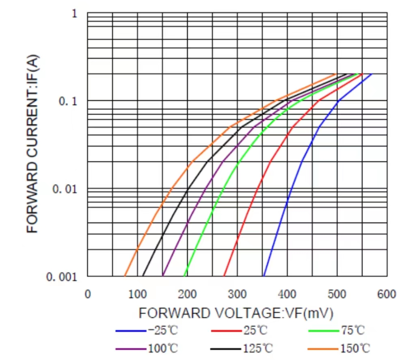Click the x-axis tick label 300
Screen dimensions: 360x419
point(237,294)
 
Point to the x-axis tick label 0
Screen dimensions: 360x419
point(88,294)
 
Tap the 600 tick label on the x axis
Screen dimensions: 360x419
point(387,294)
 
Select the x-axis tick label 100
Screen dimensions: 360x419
point(138,294)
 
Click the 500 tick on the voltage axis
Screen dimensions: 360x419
point(337,294)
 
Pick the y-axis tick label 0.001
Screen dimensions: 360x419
point(62,277)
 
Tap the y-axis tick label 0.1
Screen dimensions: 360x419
point(68,101)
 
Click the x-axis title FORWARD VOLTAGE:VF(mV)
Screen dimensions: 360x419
point(236,313)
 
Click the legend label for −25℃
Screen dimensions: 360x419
point(162,330)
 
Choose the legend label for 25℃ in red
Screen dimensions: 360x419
point(255,330)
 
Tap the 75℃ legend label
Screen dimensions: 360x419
point(352,330)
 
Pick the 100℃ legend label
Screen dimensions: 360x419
point(162,348)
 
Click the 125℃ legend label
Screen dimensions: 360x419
point(258,348)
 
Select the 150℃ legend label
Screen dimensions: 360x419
point(354,348)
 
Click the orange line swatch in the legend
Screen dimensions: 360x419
point(322,349)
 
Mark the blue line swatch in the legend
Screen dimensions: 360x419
point(130,331)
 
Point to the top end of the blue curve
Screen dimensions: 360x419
point(371,74)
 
